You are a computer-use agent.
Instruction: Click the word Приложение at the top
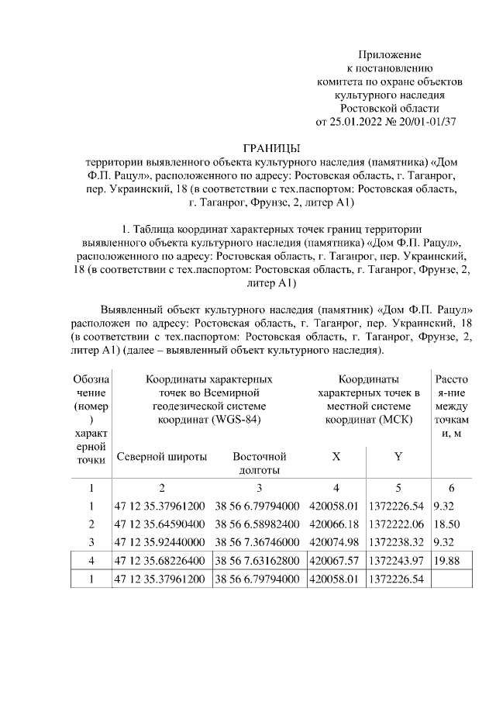pos(389,54)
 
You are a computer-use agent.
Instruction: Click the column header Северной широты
pos(162,457)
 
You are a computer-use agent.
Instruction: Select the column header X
pos(336,457)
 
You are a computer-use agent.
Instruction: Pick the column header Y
pos(398,457)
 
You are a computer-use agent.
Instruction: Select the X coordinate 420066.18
pos(335,524)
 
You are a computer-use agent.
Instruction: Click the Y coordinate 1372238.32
pos(398,541)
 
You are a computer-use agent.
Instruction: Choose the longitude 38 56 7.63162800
pos(257,559)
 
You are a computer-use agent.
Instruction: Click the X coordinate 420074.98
pos(335,541)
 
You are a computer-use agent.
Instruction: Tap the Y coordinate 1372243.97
pos(398,559)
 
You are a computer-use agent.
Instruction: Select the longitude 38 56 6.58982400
pos(257,524)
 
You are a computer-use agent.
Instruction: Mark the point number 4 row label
pos(91,559)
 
